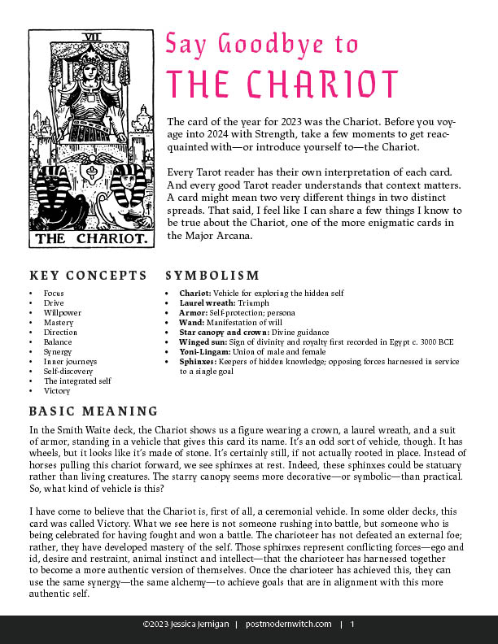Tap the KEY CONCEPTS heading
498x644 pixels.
tap(88, 276)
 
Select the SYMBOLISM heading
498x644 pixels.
tap(212, 276)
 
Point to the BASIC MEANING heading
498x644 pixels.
tap(93, 411)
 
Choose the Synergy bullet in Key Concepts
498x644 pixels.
tap(57, 351)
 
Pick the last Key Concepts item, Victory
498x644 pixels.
tap(57, 390)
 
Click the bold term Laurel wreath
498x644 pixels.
tap(205, 302)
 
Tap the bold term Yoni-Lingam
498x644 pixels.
tap(203, 351)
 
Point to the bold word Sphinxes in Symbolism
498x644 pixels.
tap(199, 361)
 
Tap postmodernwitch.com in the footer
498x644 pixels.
tap(288, 624)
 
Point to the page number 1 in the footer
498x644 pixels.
tap(352, 624)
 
